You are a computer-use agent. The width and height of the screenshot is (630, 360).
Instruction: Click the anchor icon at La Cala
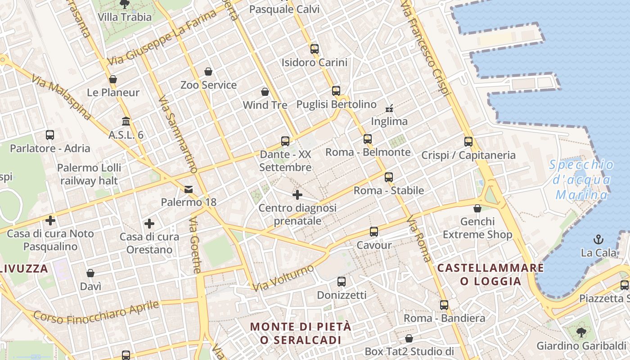tap(598, 239)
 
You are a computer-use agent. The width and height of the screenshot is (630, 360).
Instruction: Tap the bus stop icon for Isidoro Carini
tap(314, 49)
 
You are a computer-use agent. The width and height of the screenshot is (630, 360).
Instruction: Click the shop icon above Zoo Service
tap(208, 72)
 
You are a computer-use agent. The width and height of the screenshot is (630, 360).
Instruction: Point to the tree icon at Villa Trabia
tap(125, 4)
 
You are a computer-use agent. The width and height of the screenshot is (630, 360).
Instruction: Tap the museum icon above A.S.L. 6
tap(126, 121)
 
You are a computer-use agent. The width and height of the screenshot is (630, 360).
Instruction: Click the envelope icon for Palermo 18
tap(189, 189)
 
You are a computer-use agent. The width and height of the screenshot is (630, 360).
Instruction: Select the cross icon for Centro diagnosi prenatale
tap(297, 195)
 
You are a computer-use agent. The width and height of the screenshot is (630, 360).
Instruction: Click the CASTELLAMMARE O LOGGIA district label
tap(490, 274)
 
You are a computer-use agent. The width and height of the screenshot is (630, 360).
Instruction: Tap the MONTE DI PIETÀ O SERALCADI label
tap(301, 333)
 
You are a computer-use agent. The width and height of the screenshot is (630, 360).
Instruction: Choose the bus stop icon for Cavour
tap(374, 232)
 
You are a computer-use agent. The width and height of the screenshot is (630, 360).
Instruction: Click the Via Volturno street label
tap(283, 278)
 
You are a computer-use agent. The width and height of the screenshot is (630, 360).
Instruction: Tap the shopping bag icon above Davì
tap(90, 273)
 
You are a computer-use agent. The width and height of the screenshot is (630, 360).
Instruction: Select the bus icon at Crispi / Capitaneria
tap(468, 142)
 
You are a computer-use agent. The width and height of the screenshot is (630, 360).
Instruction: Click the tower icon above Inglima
tap(389, 108)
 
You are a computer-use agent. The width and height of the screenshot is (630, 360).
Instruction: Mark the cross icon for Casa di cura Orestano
tap(149, 224)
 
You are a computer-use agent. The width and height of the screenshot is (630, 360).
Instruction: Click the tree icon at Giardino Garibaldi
tap(581, 333)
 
